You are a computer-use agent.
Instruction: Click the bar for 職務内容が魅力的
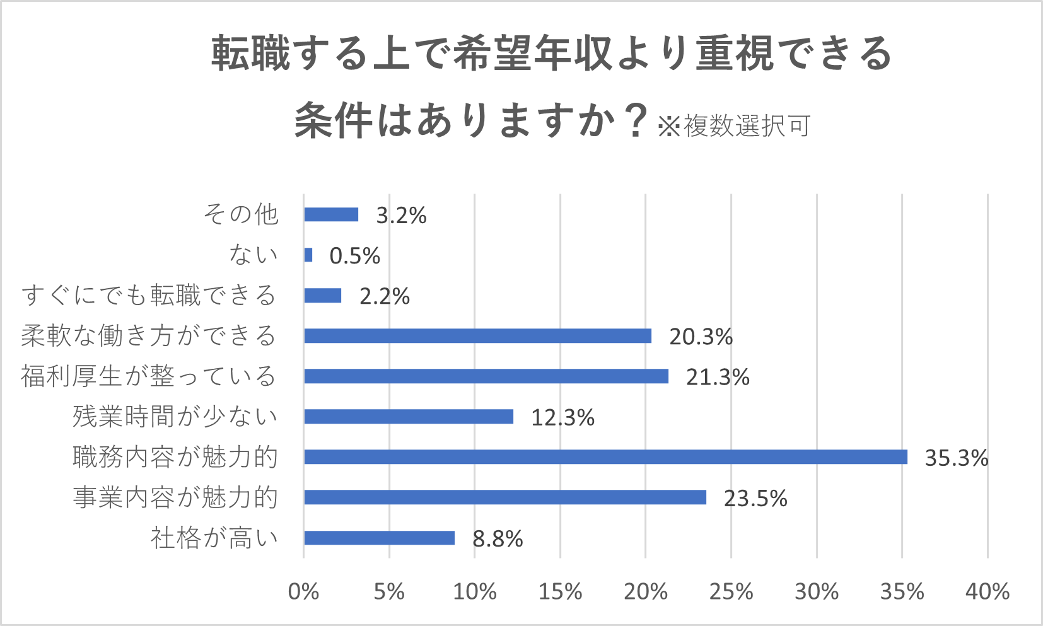point(605,457)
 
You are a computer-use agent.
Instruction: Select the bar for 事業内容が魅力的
point(504,497)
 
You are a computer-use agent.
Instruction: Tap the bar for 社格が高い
point(379,538)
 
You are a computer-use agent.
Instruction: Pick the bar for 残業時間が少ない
point(409,417)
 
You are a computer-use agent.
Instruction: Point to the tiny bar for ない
point(308,255)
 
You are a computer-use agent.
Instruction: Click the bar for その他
point(331,214)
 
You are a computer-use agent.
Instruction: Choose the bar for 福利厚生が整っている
point(486,376)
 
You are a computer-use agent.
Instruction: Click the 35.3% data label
point(956,458)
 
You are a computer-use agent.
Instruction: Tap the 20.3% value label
point(701,337)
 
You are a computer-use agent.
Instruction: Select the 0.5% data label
point(354,256)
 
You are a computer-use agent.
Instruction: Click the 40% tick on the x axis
point(987,592)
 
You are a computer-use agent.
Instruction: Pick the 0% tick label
point(303,592)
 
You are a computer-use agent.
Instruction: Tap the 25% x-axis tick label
point(731,592)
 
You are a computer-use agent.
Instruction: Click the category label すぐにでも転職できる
point(149,295)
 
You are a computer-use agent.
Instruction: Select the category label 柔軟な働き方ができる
point(149,335)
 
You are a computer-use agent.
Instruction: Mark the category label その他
point(241,214)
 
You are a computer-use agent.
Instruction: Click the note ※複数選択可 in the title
point(734,126)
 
